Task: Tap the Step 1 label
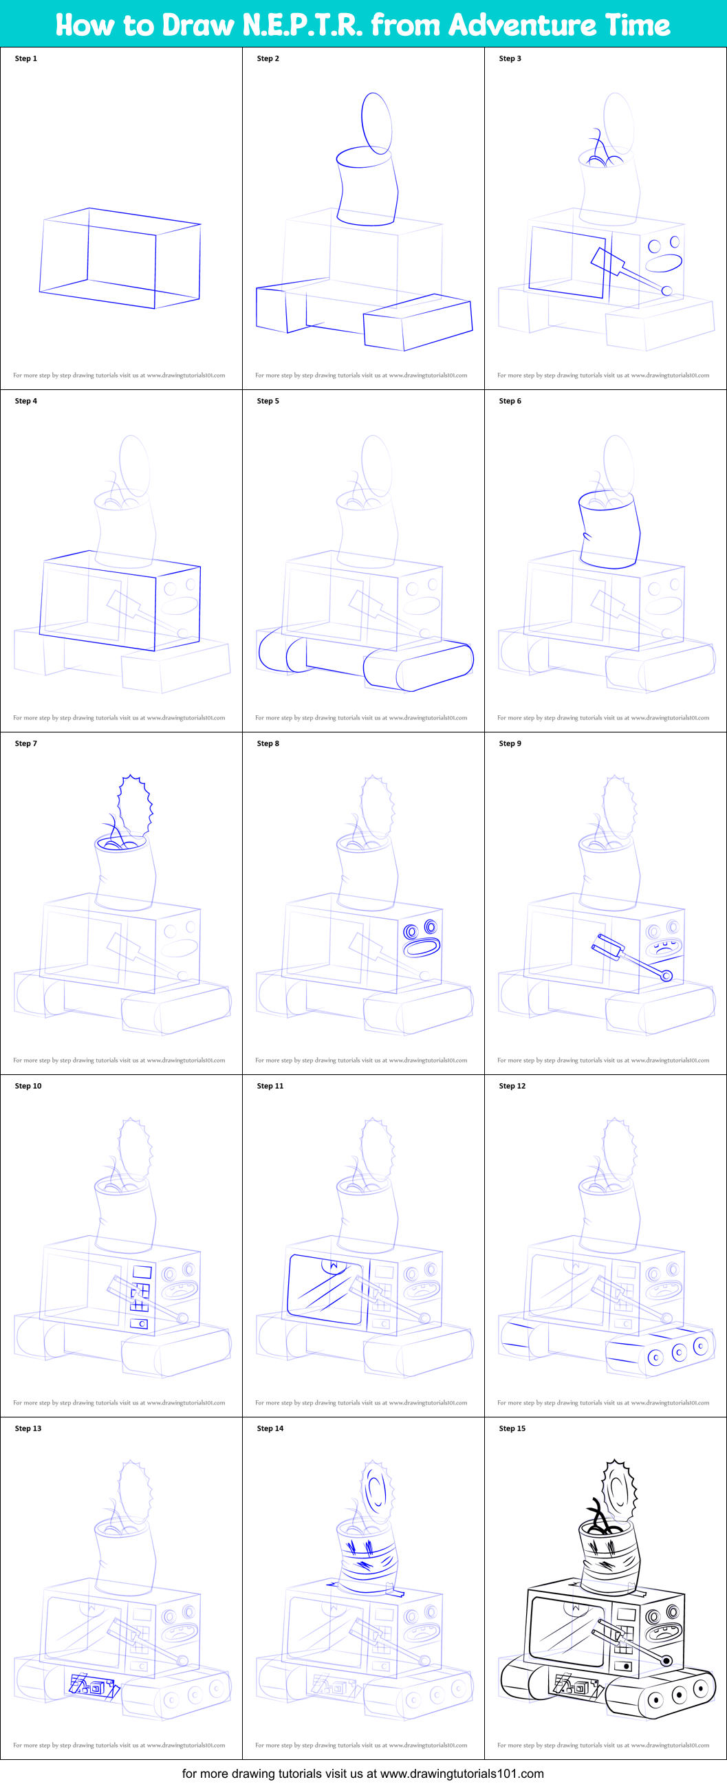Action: tap(25, 59)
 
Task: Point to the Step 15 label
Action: tap(512, 1428)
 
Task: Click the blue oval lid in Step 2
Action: tap(377, 123)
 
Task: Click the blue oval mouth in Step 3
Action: tap(664, 264)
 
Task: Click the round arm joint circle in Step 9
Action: tap(666, 976)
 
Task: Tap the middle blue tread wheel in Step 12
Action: tap(680, 1352)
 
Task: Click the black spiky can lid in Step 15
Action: tap(618, 1489)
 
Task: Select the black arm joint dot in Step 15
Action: tap(666, 1661)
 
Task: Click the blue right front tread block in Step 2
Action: tap(417, 323)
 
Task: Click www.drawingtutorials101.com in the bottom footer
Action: tap(462, 1773)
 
